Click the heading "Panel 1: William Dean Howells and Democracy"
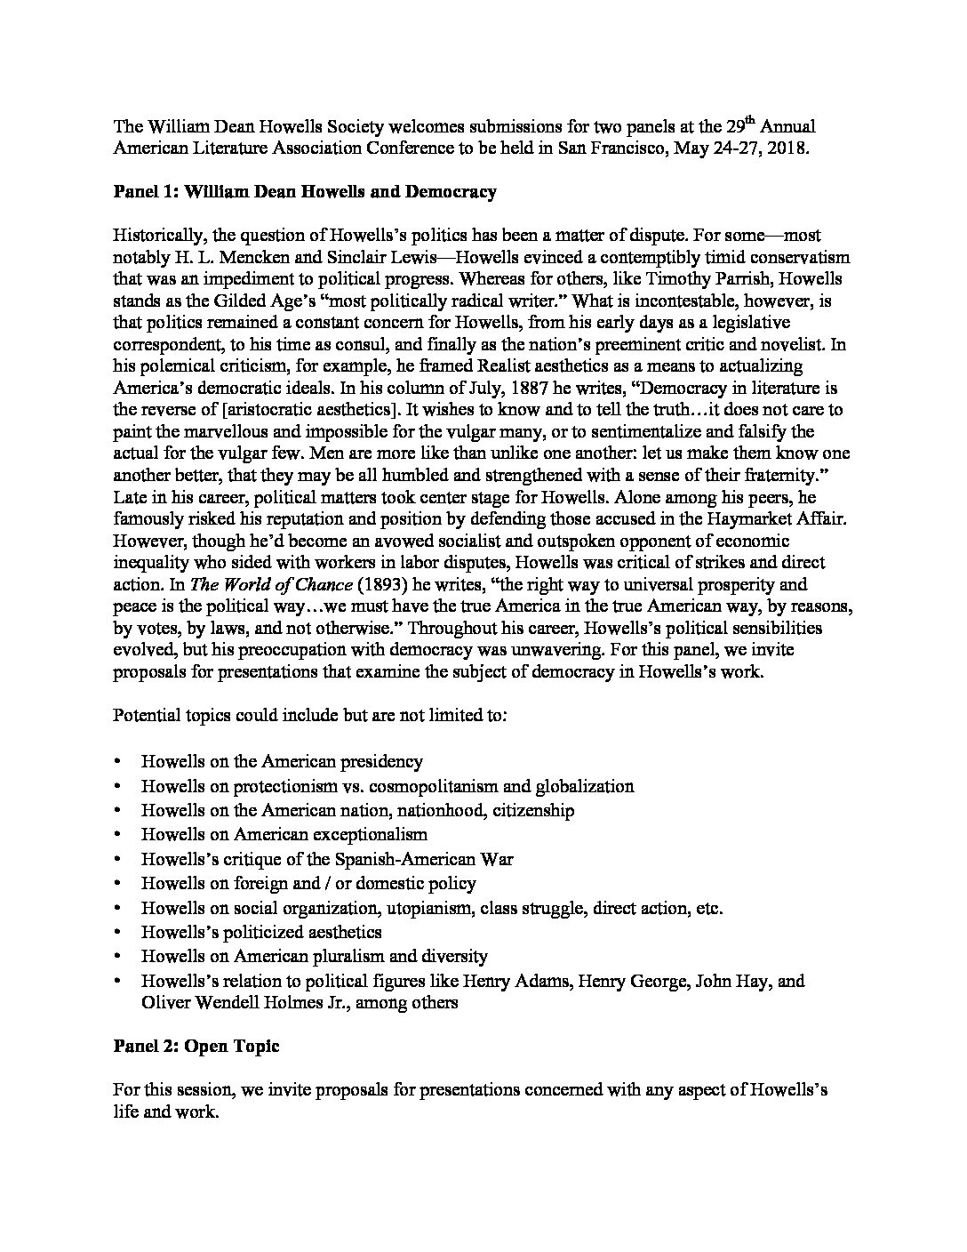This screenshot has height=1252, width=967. click(x=305, y=191)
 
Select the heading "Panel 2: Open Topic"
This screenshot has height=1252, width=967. click(x=196, y=1046)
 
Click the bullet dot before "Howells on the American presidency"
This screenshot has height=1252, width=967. click(x=119, y=762)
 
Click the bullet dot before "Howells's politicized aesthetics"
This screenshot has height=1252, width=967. click(x=119, y=933)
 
